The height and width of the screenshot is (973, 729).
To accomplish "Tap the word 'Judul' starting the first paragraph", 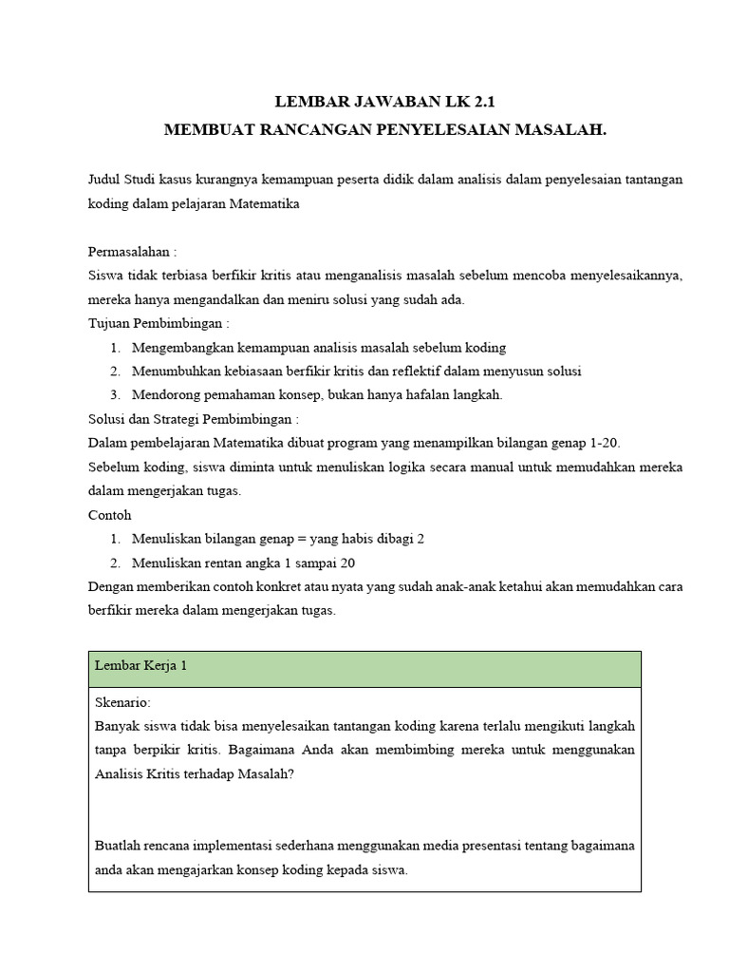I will pos(104,179).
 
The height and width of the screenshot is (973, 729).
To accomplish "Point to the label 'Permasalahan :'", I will pos(132,252).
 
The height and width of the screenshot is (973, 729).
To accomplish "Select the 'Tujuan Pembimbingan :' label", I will pos(159,323).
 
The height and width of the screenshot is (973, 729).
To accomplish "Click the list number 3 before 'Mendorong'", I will pos(114,394).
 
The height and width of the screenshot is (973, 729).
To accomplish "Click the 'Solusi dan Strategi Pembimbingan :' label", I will pos(194,418).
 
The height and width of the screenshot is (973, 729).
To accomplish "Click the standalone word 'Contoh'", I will pos(110,514).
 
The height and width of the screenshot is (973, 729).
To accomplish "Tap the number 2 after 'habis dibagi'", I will pos(420,538).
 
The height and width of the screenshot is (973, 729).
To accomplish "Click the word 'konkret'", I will pos(280,585).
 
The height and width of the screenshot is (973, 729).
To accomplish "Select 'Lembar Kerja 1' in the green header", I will pos(140,666).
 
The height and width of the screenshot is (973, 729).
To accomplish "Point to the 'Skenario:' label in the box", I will pos(122,703).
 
